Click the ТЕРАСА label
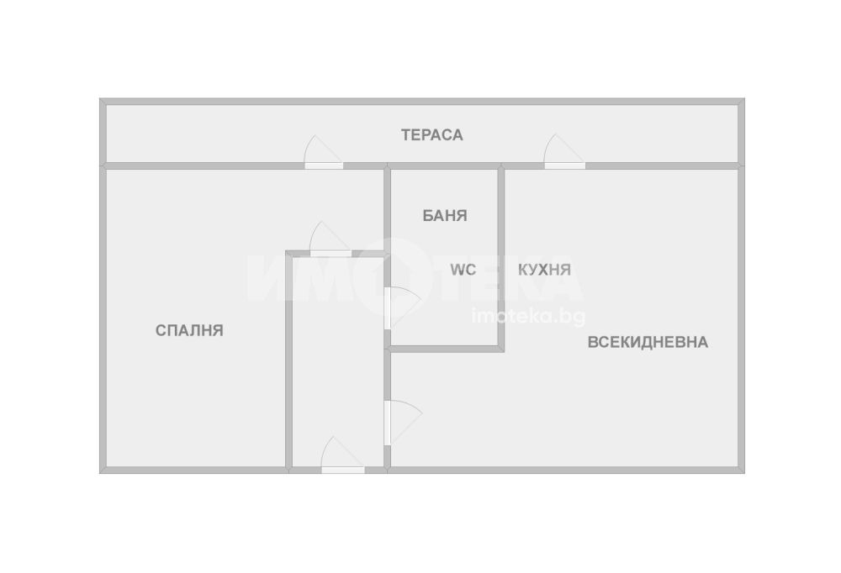tap(431, 134)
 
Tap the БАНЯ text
tap(445, 215)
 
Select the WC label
tap(463, 270)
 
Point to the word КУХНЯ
tap(544, 270)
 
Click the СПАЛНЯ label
tap(189, 330)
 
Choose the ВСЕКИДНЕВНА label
tap(648, 342)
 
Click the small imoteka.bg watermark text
tap(529, 316)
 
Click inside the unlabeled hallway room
tap(336, 361)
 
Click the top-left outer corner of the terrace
tap(101, 100)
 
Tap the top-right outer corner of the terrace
tap(743, 100)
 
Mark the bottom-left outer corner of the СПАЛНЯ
tap(101, 471)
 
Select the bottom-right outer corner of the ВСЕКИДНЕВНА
tap(743, 471)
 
